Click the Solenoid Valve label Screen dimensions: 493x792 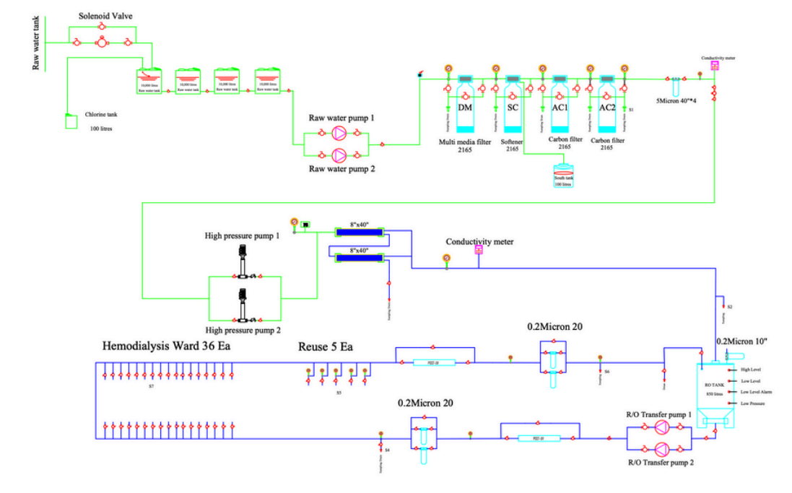105,16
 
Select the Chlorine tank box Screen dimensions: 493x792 71,121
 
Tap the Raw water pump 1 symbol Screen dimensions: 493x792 338,133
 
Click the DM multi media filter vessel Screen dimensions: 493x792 465,107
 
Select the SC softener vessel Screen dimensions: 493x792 513,107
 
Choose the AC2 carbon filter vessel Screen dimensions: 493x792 607,107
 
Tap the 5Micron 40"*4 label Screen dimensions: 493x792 675,102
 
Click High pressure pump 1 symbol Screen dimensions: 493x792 243,265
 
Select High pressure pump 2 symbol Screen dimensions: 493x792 243,307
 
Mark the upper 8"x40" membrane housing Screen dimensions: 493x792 359,232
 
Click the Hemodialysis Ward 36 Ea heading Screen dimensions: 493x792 166,346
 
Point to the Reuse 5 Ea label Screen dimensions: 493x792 326,347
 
